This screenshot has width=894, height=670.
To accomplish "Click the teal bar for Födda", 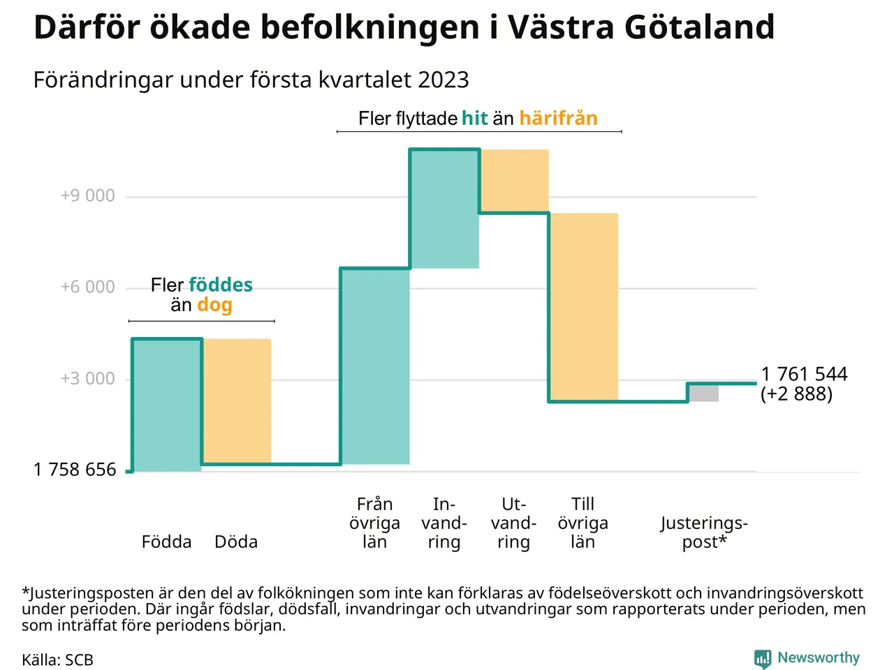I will pyautogui.click(x=167, y=405).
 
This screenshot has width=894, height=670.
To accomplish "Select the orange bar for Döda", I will pyautogui.click(x=237, y=401).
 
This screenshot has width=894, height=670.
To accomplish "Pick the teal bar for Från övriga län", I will pyautogui.click(x=375, y=366).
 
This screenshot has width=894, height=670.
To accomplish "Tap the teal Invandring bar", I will pyautogui.click(x=445, y=209).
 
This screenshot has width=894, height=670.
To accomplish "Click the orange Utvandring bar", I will pyautogui.click(x=514, y=181).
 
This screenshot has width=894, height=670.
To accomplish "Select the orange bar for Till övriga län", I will pyautogui.click(x=584, y=306).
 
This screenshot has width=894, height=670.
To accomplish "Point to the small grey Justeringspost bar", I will pyautogui.click(x=704, y=393).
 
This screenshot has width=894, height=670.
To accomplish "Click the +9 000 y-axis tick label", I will pyautogui.click(x=88, y=195).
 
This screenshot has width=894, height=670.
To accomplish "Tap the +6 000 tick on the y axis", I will pyautogui.click(x=88, y=287).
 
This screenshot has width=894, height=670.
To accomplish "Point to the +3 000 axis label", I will pyautogui.click(x=88, y=379).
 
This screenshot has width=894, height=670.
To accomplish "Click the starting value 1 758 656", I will pyautogui.click(x=75, y=470).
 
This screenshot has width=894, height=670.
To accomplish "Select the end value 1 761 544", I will pyautogui.click(x=804, y=374).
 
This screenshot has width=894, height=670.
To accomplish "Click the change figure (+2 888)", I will pyautogui.click(x=796, y=394).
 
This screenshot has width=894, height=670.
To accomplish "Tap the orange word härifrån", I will pyautogui.click(x=558, y=119).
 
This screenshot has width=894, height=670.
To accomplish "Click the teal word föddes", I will pyautogui.click(x=221, y=285).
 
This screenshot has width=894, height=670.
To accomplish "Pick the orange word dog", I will pyautogui.click(x=214, y=305).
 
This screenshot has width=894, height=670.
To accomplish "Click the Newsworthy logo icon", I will pyautogui.click(x=763, y=658).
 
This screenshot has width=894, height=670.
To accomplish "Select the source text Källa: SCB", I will pyautogui.click(x=57, y=660).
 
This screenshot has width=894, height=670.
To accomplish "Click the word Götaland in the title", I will pyautogui.click(x=699, y=28).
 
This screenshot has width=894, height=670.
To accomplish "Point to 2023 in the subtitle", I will pyautogui.click(x=444, y=80).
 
